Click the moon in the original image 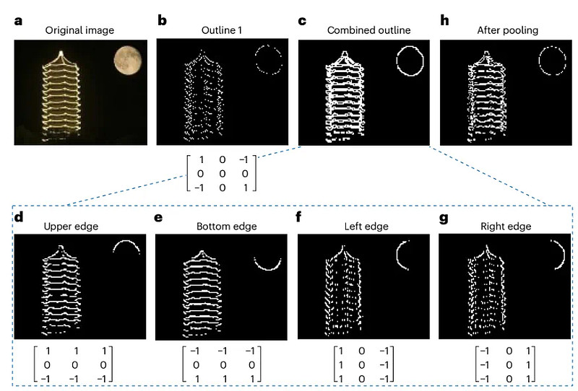(128, 60)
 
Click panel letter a (19, 21)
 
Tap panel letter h (444, 20)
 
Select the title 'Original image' (79, 30)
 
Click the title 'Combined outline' (368, 30)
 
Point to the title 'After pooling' (508, 30)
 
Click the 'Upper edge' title (71, 226)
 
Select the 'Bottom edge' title (226, 226)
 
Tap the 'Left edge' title (366, 226)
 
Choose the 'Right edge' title (506, 226)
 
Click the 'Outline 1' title (222, 30)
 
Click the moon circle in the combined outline (397, 61)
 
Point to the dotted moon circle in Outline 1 (256, 59)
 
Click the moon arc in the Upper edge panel (126, 241)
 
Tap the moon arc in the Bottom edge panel (268, 269)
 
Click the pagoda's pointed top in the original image (61, 53)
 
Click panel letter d (19, 217)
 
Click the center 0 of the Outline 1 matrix (223, 173)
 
